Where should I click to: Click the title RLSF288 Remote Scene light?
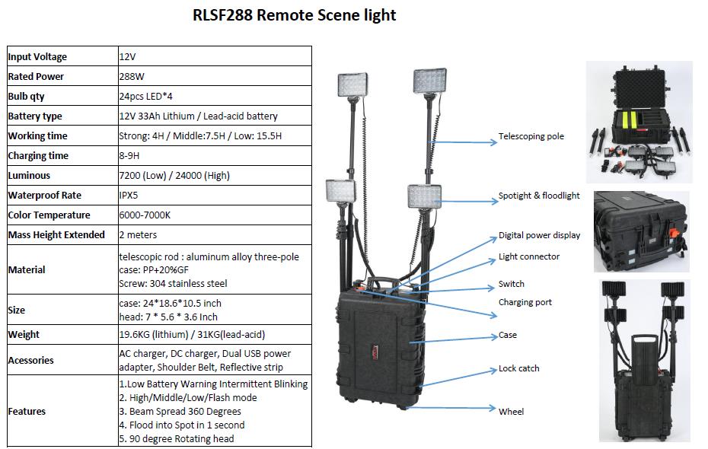click(294, 15)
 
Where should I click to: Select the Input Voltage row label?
click(37, 57)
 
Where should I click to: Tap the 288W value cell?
click(132, 76)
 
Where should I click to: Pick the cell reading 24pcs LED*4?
click(146, 96)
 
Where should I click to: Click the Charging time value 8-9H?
click(129, 156)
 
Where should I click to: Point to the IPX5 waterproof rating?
click(129, 196)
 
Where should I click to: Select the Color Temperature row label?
click(49, 215)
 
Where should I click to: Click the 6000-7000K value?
click(145, 215)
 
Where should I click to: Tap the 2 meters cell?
click(138, 235)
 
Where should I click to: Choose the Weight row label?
click(24, 334)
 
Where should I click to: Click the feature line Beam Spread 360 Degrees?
click(180, 412)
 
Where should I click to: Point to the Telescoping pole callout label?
click(531, 136)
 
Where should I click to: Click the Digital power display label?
click(539, 235)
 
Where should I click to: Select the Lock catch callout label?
click(518, 368)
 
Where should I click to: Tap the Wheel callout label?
click(511, 412)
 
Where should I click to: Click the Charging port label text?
click(525, 302)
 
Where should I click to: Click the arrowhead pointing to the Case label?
click(494, 336)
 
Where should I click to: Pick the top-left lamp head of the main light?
click(352, 84)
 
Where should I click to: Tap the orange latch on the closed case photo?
click(675, 234)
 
